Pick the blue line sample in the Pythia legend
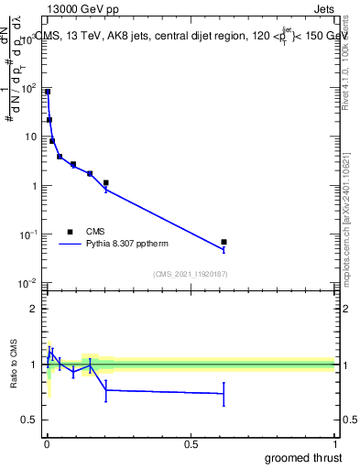(x=71, y=245)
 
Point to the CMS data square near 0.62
(x=224, y=242)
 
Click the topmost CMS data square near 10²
(x=48, y=92)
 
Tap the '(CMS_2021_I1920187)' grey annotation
(x=189, y=274)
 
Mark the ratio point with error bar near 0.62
(x=224, y=394)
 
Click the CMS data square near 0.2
(x=106, y=183)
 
